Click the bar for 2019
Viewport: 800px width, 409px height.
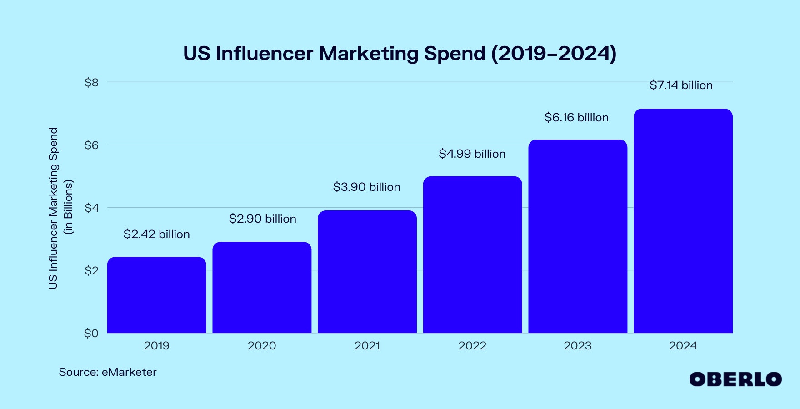pyautogui.click(x=156, y=295)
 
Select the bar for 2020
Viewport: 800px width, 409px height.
pyautogui.click(x=262, y=287)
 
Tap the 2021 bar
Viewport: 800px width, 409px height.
pyautogui.click(x=367, y=272)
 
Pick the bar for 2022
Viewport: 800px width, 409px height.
pyautogui.click(x=472, y=254)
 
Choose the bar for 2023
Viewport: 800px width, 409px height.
pyautogui.click(x=578, y=236)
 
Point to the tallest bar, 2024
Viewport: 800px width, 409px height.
pyautogui.click(x=683, y=221)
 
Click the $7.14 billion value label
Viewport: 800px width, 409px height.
pyautogui.click(x=681, y=85)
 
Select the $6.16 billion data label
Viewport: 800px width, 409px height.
pyautogui.click(x=576, y=118)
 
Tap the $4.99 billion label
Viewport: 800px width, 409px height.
pyautogui.click(x=472, y=154)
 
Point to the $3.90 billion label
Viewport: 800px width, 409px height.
pyautogui.click(x=366, y=187)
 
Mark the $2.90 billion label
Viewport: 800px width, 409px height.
pyautogui.click(x=262, y=219)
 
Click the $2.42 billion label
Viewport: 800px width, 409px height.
pyautogui.click(x=156, y=234)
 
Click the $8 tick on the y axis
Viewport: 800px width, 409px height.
pyautogui.click(x=91, y=83)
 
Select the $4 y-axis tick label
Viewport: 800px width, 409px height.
pyautogui.click(x=91, y=208)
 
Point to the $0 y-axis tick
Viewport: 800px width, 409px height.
pyautogui.click(x=91, y=334)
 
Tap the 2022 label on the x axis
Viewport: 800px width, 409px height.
pyautogui.click(x=472, y=346)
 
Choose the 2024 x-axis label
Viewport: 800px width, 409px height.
pyautogui.click(x=683, y=346)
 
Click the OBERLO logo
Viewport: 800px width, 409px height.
pyautogui.click(x=735, y=379)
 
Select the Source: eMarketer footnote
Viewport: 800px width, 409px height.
pyautogui.click(x=108, y=372)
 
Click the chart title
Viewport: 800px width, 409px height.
pyautogui.click(x=400, y=53)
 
